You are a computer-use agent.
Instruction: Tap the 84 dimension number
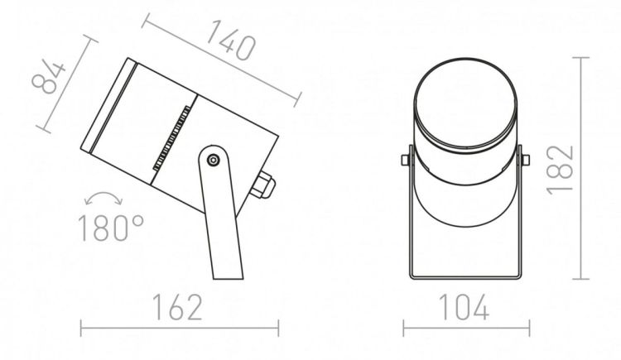tap(48, 77)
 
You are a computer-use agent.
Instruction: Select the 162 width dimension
tap(177, 307)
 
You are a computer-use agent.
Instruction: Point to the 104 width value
tap(464, 307)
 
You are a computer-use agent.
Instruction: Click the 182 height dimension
tap(561, 170)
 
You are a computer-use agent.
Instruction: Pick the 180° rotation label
tap(111, 228)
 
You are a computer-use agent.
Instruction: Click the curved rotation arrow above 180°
tap(103, 198)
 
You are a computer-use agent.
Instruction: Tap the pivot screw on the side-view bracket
tap(214, 160)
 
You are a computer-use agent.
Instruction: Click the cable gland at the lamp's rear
tap(262, 185)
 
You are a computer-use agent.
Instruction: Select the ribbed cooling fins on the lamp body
tap(171, 138)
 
